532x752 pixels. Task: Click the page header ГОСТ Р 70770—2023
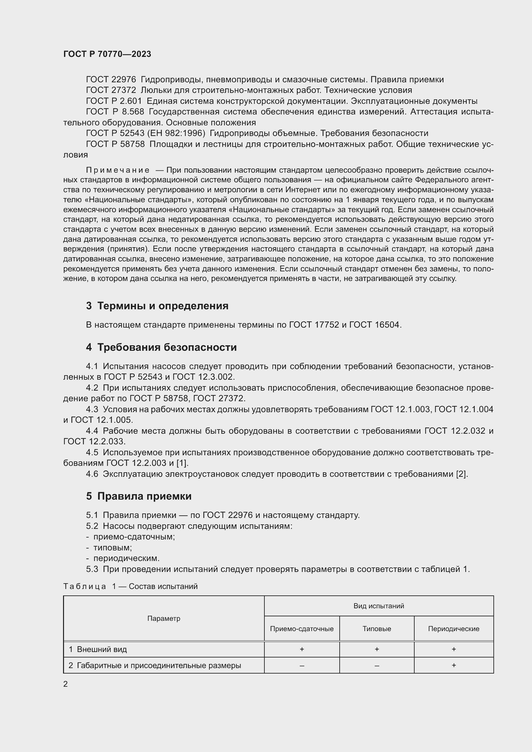[x=107, y=54]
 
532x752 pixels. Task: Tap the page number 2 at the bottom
[x=66, y=684]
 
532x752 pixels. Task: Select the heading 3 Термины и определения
[x=157, y=305]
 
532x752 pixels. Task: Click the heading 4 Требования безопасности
[x=161, y=347]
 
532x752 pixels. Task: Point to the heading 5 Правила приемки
[x=139, y=496]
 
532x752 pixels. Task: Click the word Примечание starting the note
[x=118, y=170]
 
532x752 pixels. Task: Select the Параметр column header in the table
[x=163, y=618]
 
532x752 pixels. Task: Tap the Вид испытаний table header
[x=379, y=606]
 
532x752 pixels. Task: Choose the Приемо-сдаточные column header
[x=302, y=629]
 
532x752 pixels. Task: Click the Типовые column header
[x=377, y=629]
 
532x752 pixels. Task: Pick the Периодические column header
[x=454, y=629]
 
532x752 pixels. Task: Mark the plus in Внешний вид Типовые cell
[x=377, y=649]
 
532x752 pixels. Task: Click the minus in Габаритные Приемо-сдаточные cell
[x=302, y=666]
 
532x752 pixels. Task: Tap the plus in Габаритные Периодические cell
[x=454, y=665]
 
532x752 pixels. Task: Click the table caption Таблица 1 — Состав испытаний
[x=130, y=586]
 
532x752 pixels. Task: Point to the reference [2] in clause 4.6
[x=462, y=474]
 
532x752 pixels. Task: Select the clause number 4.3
[x=92, y=409]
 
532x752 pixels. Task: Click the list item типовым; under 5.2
[x=112, y=548]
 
